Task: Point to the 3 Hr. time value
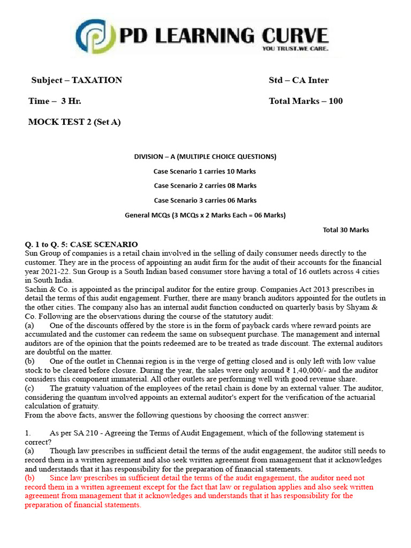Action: click(x=71, y=101)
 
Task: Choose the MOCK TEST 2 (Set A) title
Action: click(x=74, y=122)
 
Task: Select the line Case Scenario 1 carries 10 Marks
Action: click(x=205, y=171)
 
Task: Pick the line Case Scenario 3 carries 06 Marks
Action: click(x=205, y=200)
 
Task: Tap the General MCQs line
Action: click(x=205, y=215)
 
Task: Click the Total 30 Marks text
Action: click(x=346, y=230)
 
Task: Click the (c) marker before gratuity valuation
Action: click(x=29, y=388)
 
